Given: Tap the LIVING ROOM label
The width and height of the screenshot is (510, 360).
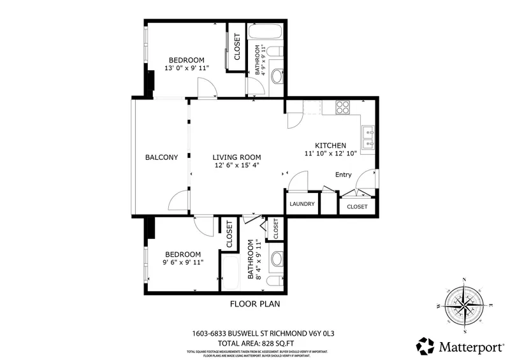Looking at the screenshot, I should tap(237, 157).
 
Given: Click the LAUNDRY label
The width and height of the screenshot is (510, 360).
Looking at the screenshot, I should tap(302, 204).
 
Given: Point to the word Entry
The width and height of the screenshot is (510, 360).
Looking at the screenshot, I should tap(344, 175).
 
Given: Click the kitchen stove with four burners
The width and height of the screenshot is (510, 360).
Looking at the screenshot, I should tap(342, 107).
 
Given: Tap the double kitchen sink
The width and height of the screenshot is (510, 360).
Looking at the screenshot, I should tap(368, 134).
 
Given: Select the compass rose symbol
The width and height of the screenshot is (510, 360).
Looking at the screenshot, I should tap(465, 305).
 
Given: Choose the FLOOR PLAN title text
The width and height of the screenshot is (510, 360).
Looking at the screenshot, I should tap(254, 304).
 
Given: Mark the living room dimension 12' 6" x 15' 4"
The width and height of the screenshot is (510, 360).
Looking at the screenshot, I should tap(237, 166).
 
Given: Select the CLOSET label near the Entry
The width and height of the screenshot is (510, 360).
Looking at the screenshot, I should tap(357, 207).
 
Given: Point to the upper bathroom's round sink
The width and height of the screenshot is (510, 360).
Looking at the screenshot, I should tap(277, 77).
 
